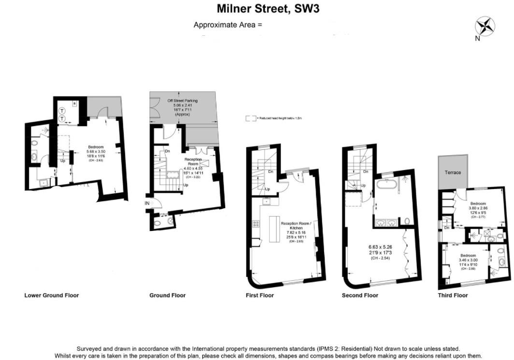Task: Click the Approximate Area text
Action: [x=228, y=25]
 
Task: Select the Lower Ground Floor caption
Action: [x=51, y=295]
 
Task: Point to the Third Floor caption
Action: [x=453, y=295]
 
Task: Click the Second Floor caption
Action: [x=360, y=295]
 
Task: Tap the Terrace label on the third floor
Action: [x=453, y=173]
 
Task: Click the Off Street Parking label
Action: [x=183, y=101]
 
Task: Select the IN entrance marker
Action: [x=147, y=203]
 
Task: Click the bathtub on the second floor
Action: [x=387, y=185]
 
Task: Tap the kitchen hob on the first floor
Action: [x=256, y=224]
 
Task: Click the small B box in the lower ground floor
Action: [x=74, y=103]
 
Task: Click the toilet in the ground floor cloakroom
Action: [x=170, y=221]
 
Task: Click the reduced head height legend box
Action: [x=250, y=118]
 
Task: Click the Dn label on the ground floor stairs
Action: [x=167, y=151]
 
